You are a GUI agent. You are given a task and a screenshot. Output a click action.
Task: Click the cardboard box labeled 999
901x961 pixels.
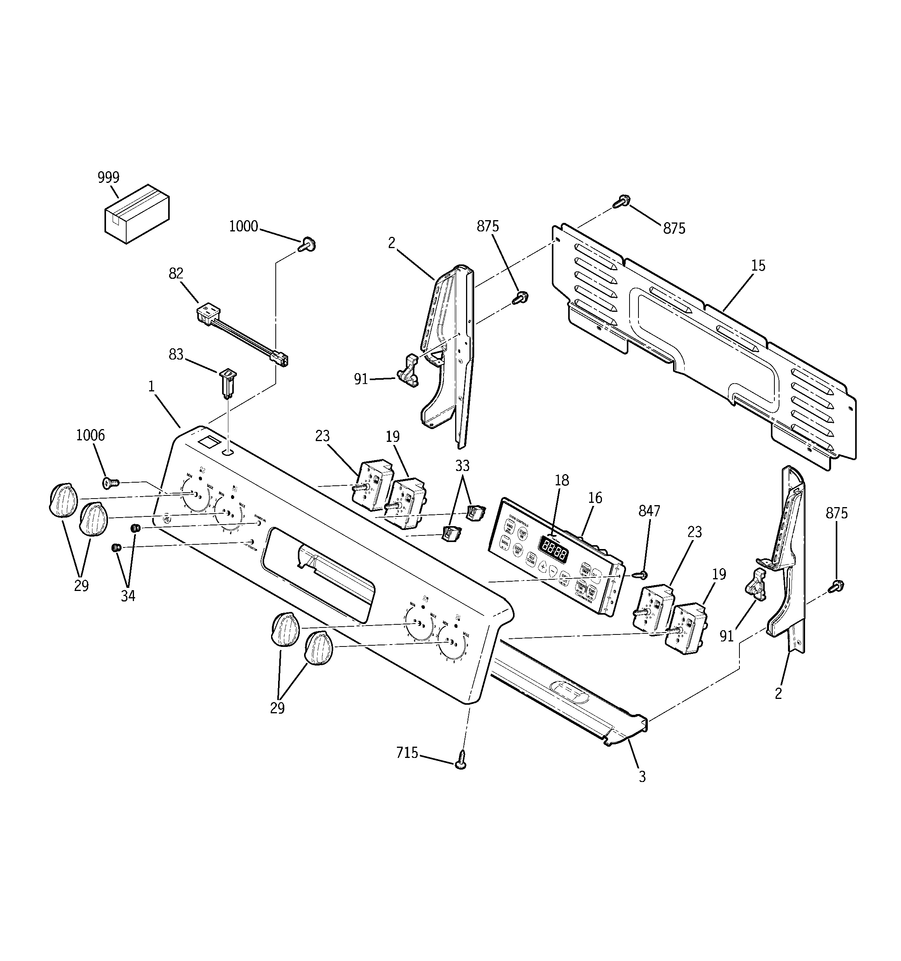pos(137,214)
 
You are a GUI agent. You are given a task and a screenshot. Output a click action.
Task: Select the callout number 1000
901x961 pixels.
pos(243,226)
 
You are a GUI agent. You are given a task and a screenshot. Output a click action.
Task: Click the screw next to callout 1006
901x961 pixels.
pos(110,482)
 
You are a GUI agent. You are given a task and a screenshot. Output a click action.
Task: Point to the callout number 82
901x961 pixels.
pos(176,274)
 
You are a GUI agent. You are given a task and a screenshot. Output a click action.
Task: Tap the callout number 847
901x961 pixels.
pos(649,511)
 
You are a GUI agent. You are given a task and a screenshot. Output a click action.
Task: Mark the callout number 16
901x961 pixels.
pos(595,498)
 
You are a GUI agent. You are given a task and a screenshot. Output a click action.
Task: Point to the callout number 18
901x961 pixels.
pos(562,481)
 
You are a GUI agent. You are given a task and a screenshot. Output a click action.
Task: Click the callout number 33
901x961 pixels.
pos(463,466)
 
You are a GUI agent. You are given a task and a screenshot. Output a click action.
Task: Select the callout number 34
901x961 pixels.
pos(128,596)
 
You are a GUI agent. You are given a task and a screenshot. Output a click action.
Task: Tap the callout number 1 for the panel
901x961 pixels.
pos(151,386)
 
